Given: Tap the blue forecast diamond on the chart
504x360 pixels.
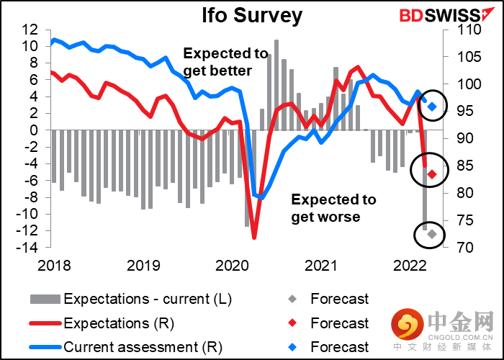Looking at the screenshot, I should click(433, 107).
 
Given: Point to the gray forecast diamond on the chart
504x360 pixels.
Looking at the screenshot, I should click(432, 234).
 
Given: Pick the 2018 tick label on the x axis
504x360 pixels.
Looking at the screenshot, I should click(53, 264).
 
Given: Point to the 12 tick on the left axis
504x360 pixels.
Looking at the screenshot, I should click(30, 30).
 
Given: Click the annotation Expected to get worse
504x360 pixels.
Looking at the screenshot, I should click(333, 208).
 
